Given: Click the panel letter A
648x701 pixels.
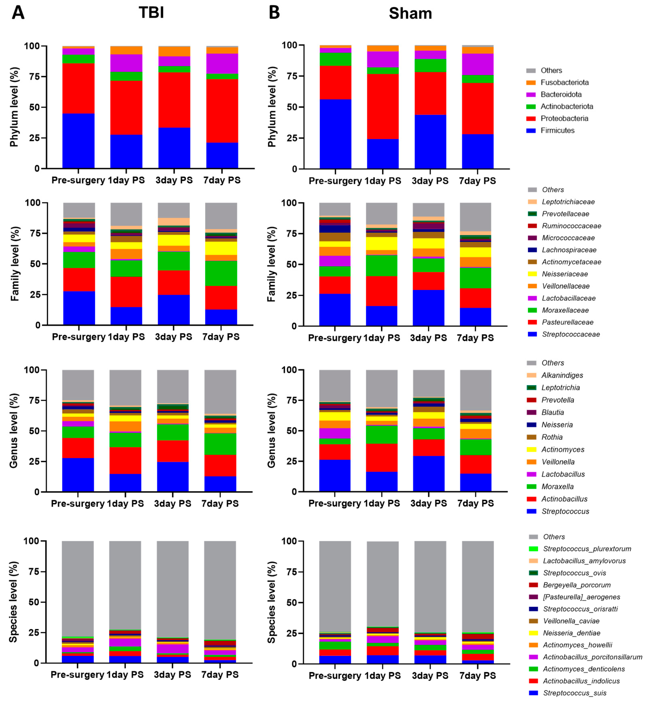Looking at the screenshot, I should pyautogui.click(x=18, y=13).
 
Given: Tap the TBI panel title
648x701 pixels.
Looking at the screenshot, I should pyautogui.click(x=151, y=13).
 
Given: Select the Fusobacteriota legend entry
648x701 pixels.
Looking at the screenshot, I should pyautogui.click(x=564, y=82).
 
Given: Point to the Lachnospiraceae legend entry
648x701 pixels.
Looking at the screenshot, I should pyautogui.click(x=569, y=250).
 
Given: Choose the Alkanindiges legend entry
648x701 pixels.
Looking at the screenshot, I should pyautogui.click(x=562, y=375).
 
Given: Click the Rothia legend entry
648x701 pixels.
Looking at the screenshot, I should pyautogui.click(x=552, y=437).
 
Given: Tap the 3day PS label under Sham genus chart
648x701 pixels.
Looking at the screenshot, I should pyautogui.click(x=428, y=503).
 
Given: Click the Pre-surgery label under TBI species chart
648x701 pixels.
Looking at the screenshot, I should pyautogui.click(x=77, y=675).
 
